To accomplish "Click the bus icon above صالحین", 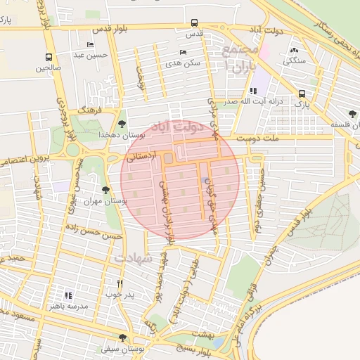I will point(49,58).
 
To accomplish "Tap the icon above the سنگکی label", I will point(294,50).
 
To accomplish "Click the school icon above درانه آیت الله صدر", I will point(253,90).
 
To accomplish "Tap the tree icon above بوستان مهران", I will point(105,189).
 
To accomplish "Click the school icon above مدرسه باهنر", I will point(68,295).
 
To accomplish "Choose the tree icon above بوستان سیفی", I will point(123,337).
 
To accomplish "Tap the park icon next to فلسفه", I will point(352,114).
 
